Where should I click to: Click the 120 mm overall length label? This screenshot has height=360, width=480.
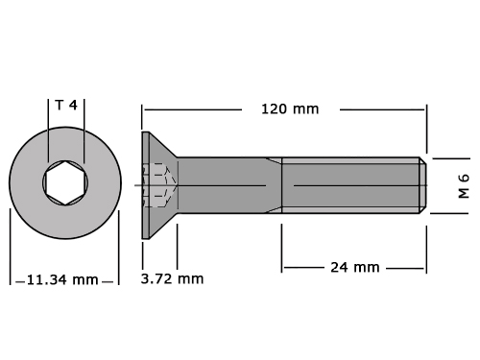[x=290, y=109]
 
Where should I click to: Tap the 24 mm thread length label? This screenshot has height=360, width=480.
[x=355, y=267]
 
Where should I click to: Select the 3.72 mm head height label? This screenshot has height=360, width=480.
[x=172, y=278]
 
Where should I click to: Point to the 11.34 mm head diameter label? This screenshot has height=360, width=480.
[x=62, y=279]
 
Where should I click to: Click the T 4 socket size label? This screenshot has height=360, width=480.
[x=66, y=105]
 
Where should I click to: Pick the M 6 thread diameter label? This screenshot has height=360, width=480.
[x=464, y=186]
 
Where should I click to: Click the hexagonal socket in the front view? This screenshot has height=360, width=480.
[x=65, y=182]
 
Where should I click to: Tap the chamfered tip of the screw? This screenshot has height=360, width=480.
[x=422, y=185]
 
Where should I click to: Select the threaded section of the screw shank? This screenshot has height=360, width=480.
[x=350, y=185]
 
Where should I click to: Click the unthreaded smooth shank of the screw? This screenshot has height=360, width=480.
[x=229, y=185]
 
